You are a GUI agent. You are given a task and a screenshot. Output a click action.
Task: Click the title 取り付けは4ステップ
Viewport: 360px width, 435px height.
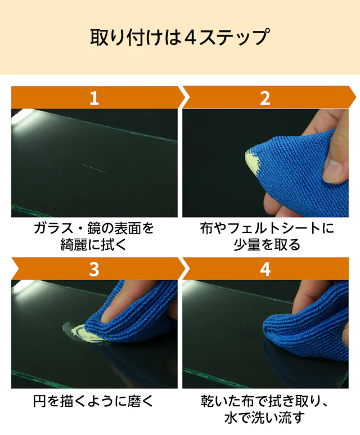click(x=179, y=37)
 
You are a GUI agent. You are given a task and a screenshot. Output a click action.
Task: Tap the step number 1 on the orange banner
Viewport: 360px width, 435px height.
click(x=94, y=98)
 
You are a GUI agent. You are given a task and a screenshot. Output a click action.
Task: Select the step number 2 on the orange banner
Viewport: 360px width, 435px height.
click(x=265, y=98)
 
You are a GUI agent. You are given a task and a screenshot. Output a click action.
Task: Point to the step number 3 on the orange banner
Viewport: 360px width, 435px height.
click(x=94, y=269)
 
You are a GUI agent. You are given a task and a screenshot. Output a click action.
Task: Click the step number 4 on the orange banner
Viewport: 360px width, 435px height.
click(x=265, y=269)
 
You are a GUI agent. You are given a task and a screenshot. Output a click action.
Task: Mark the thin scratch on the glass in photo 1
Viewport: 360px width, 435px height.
click(x=93, y=168)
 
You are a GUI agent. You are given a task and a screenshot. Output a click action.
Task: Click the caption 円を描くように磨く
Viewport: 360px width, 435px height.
click(x=93, y=401)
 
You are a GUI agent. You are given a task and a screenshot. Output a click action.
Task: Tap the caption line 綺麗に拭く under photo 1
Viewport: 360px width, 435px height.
click(x=93, y=244)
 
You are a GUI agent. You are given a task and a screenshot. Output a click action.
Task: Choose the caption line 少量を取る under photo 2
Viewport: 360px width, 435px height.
click(x=267, y=244)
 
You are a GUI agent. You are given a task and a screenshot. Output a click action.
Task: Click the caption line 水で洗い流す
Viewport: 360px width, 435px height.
click(x=264, y=418)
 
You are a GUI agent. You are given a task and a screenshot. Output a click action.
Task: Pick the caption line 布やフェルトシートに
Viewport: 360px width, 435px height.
click(x=267, y=228)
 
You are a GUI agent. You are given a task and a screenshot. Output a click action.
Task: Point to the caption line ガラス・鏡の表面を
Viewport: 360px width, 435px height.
click(x=94, y=228)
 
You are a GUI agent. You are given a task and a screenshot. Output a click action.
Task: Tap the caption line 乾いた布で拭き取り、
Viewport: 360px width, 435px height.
click(x=264, y=401)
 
